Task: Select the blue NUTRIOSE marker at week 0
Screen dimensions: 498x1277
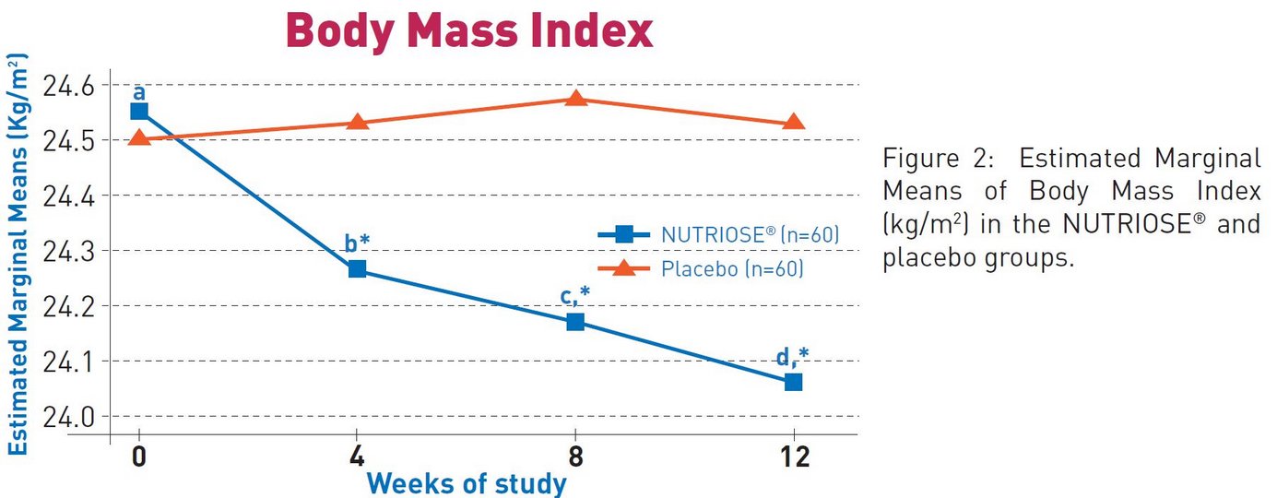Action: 139,112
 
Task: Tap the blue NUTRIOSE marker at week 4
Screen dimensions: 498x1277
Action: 358,269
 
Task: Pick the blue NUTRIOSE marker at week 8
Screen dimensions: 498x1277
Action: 575,322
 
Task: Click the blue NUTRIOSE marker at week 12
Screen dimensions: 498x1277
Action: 793,382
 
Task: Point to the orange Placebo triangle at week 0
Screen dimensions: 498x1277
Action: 139,138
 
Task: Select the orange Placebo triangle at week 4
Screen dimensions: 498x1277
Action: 358,122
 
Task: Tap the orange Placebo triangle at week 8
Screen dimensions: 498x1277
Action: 575,98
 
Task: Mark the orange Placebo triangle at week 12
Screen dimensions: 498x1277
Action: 793,123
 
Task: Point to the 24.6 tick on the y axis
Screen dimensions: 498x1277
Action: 70,86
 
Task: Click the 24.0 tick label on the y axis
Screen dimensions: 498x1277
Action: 70,416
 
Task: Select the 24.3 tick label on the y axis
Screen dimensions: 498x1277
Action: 70,251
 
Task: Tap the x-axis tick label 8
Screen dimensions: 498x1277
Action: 575,456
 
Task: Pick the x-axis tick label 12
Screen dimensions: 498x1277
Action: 793,456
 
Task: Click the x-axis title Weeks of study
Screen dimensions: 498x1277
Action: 467,483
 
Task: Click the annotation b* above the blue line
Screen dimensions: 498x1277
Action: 357,243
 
